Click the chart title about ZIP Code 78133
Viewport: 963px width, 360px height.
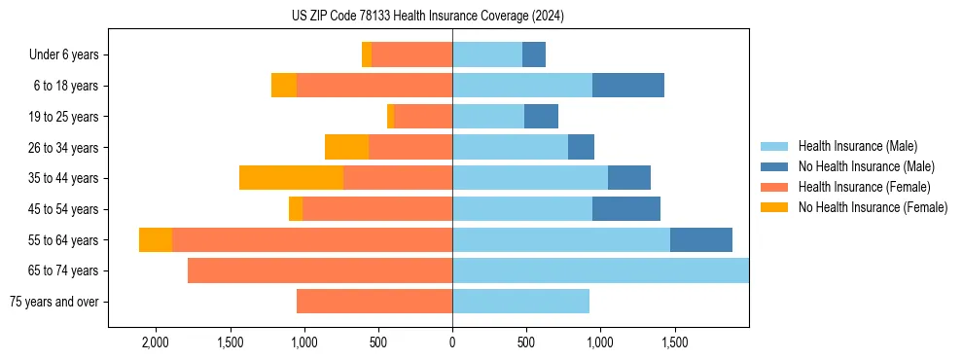pos(427,16)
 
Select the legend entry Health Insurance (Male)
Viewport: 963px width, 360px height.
pos(856,146)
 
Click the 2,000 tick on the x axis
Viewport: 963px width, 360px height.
pos(156,343)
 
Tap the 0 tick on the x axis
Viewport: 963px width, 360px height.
pos(452,343)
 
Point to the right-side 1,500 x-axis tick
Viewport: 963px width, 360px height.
pos(674,343)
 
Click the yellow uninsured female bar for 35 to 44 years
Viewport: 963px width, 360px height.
pos(291,178)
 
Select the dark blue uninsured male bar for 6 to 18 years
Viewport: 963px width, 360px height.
pos(628,86)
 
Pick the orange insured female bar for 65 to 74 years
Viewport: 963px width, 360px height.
pos(320,270)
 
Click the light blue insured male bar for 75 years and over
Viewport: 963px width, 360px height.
pos(520,302)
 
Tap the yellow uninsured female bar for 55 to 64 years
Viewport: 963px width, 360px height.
pos(156,240)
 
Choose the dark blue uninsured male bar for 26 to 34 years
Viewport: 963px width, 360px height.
pos(581,147)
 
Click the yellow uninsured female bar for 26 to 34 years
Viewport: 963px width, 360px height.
pos(346,147)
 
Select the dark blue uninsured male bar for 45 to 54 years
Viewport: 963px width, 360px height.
pos(626,209)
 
